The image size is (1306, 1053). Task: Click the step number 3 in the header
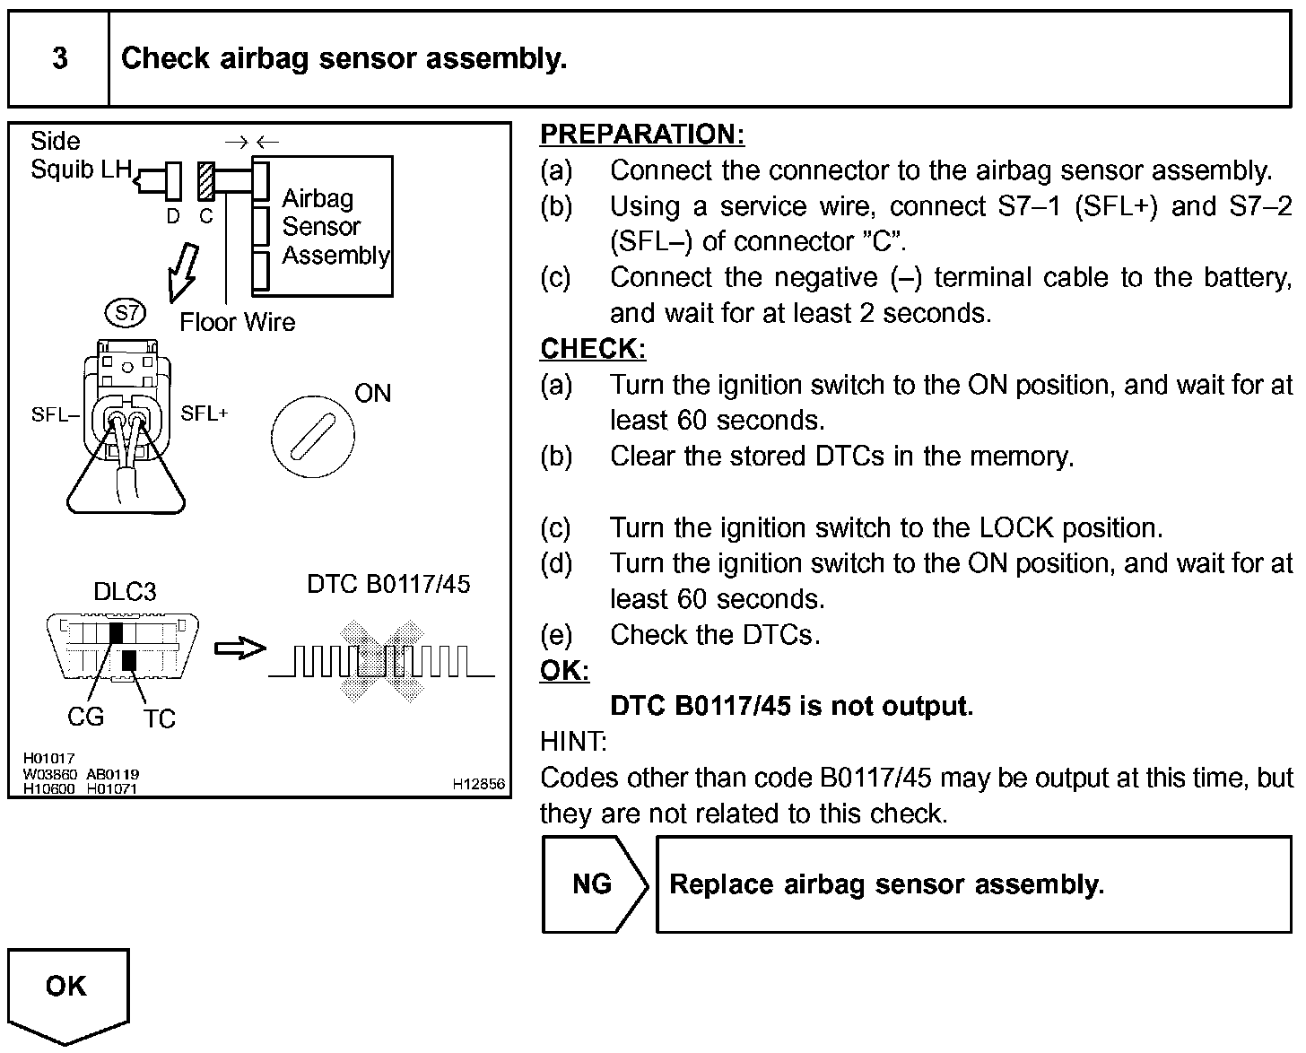click(x=59, y=59)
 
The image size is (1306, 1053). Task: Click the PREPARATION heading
click(x=641, y=135)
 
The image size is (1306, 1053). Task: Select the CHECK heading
click(x=592, y=349)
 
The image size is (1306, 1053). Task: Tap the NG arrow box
click(x=593, y=884)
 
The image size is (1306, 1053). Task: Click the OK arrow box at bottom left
click(x=67, y=991)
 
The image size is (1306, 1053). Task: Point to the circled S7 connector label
click(x=125, y=313)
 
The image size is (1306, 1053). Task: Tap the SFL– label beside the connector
click(x=55, y=414)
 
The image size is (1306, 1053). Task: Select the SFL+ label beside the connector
click(x=205, y=413)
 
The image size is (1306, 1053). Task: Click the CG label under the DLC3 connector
click(x=85, y=717)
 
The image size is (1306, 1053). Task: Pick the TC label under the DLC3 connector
click(x=159, y=718)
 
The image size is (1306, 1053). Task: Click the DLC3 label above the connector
click(x=125, y=592)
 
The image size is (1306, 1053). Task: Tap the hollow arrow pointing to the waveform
click(x=239, y=648)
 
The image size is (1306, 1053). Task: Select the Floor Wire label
click(x=237, y=322)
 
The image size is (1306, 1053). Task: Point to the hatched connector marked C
click(x=206, y=180)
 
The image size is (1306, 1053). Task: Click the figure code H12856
click(x=479, y=784)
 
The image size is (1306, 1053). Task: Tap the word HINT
click(x=573, y=742)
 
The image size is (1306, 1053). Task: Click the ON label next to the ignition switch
click(x=373, y=393)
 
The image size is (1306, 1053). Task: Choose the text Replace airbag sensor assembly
click(x=886, y=884)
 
